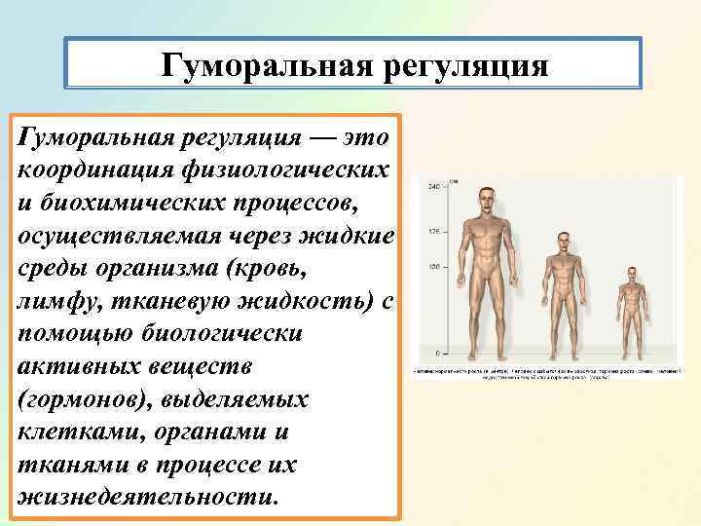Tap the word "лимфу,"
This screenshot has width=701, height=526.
(54, 302)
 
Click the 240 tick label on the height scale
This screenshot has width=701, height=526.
(434, 185)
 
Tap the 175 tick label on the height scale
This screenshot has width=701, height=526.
(434, 232)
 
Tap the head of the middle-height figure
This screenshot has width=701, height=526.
(563, 243)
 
